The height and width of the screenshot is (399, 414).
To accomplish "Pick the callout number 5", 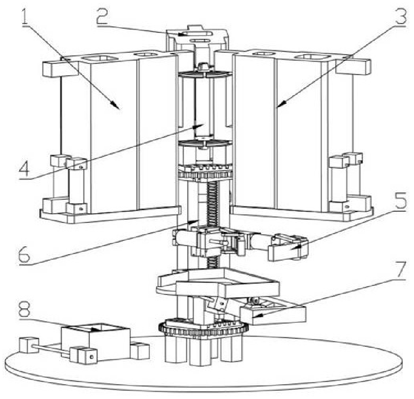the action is tap(398, 200).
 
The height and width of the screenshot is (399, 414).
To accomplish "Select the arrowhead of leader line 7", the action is tap(256, 315).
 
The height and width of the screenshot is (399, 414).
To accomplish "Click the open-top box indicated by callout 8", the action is tap(96, 342).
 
